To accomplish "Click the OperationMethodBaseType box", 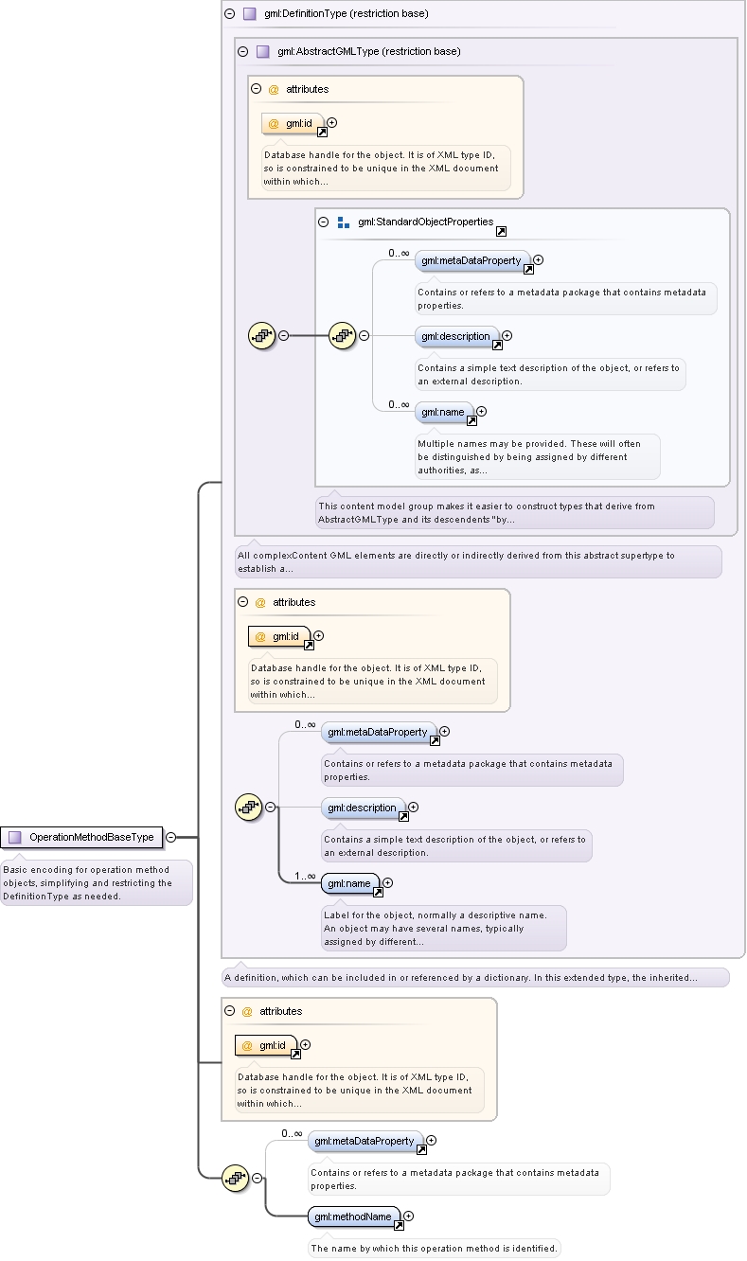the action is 81,837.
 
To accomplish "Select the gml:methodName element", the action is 353,1217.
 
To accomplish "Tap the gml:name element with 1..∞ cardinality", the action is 349,883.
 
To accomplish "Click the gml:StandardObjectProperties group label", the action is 425,222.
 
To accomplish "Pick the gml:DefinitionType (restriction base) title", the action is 347,13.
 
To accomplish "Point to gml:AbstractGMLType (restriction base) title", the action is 368,51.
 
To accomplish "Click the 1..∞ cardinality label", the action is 305,876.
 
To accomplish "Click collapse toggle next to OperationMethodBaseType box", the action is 171,837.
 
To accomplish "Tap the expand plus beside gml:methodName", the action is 409,1216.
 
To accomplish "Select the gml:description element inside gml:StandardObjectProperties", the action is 456,336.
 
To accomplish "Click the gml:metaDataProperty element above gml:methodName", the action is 365,1141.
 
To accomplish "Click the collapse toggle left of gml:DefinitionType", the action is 230,13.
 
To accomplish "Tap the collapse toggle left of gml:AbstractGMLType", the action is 242,51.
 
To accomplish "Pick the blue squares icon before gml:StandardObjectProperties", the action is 344,222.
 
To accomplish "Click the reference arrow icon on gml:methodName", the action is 399,1225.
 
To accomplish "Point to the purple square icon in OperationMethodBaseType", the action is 14,837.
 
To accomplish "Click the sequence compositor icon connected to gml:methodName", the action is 236,1179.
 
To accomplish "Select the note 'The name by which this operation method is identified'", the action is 434,1248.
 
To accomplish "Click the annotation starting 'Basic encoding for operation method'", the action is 97,882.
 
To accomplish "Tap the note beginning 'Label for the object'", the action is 444,929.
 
